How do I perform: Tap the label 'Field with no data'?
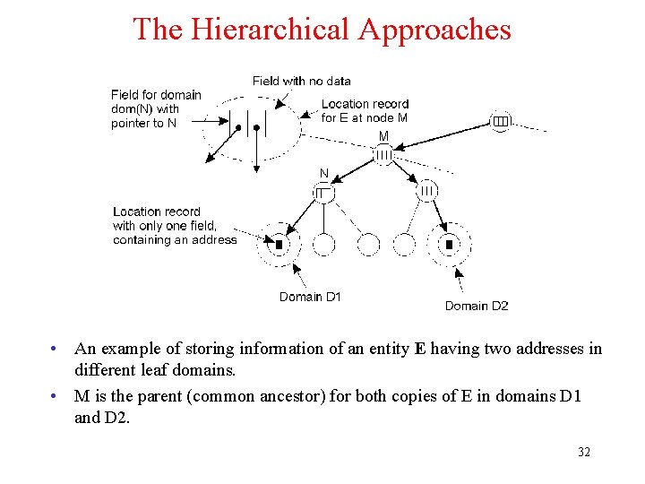pyautogui.click(x=302, y=81)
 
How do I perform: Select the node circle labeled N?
pyautogui.click(x=323, y=192)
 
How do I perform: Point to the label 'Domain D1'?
pyautogui.click(x=310, y=297)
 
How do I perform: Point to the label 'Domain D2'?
pyautogui.click(x=477, y=306)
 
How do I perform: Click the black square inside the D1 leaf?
pyautogui.click(x=279, y=244)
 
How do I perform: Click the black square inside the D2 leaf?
pyautogui.click(x=450, y=244)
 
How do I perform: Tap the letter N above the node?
pyautogui.click(x=323, y=173)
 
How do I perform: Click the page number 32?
pyautogui.click(x=584, y=453)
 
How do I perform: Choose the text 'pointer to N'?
pyautogui.click(x=143, y=124)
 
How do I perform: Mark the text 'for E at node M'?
pyautogui.click(x=365, y=117)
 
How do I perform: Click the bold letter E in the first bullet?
pyautogui.click(x=420, y=349)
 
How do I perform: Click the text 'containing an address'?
pyautogui.click(x=175, y=240)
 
